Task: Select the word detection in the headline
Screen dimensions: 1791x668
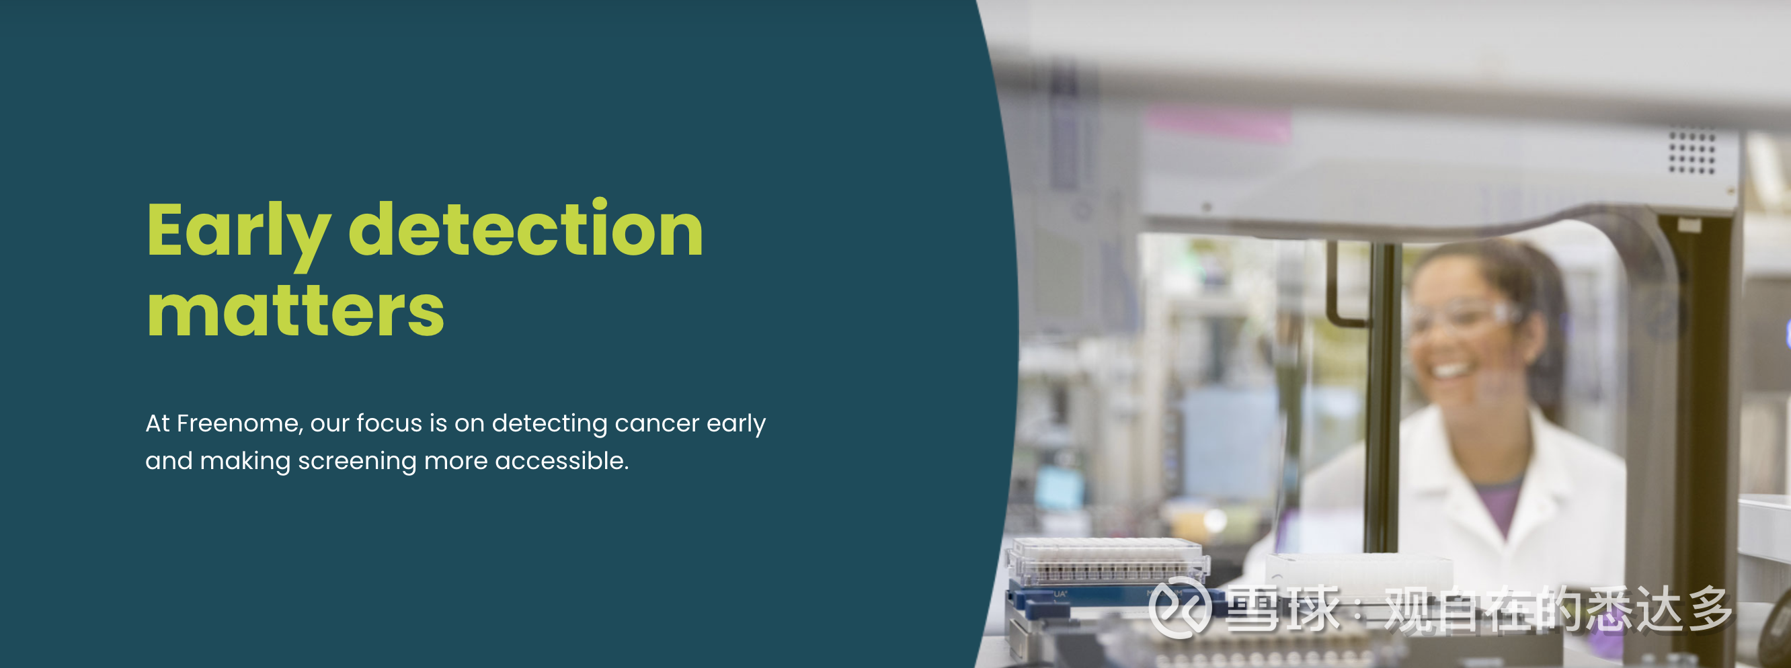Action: click(x=526, y=227)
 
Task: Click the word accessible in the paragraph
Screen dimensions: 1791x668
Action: click(x=562, y=460)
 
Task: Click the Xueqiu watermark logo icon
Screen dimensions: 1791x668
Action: click(x=1179, y=608)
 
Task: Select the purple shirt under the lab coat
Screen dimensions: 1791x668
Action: click(x=1499, y=504)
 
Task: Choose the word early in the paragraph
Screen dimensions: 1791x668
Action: click(x=736, y=424)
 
